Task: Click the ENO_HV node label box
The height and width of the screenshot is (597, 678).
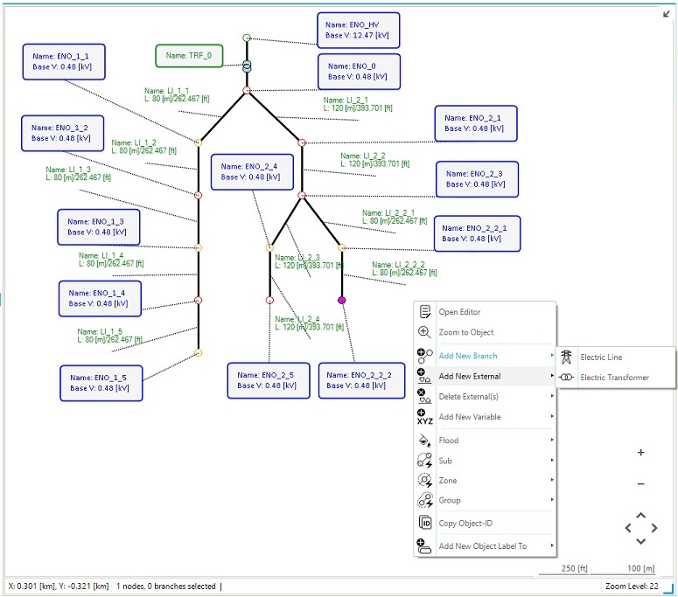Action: coord(358,31)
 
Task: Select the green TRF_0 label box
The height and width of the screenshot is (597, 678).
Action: coord(189,56)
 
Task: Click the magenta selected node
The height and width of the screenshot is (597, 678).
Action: coord(341,300)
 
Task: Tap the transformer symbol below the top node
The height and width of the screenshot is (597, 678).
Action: coord(247,66)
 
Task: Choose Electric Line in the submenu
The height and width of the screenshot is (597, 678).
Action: coord(601,358)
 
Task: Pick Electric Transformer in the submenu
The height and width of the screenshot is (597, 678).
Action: coord(614,378)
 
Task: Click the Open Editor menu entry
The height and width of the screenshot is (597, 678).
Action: coord(459,312)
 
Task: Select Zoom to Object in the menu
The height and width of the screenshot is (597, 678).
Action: coord(466,332)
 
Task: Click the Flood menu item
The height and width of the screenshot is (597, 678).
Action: coord(449,441)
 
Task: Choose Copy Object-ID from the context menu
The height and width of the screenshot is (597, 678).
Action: coord(465,523)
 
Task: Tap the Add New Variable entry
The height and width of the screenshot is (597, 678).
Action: coord(470,417)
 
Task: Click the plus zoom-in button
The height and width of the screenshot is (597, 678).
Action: coord(640,452)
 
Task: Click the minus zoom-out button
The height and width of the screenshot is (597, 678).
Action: coord(640,484)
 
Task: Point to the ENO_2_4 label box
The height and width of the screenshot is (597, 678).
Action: coord(252,172)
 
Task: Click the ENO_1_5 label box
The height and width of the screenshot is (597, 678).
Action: coord(101,383)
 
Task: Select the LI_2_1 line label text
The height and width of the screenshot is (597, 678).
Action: coord(358,104)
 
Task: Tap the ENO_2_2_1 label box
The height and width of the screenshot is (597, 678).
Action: coord(477,233)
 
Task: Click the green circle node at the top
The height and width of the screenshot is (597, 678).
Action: coord(247,38)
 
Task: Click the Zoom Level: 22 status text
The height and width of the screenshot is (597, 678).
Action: coord(632,587)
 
